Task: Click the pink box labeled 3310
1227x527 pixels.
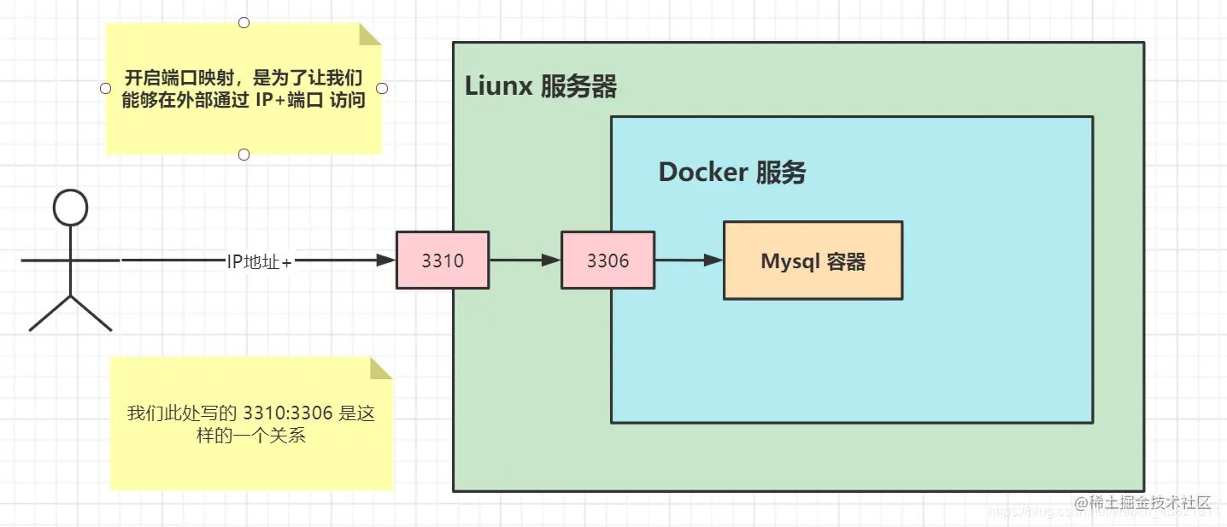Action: click(443, 260)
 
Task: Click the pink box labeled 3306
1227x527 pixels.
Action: click(608, 260)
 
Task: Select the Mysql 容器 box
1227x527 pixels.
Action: click(813, 261)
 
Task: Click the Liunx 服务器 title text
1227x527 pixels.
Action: click(540, 86)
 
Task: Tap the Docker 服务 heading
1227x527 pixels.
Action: click(731, 173)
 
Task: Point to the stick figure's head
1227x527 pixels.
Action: click(71, 208)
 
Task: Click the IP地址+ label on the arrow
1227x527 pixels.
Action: click(259, 261)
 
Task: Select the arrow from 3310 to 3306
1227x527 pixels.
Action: click(524, 260)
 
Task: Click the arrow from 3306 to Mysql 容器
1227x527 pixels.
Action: click(688, 260)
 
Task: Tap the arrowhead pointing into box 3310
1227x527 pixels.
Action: click(386, 260)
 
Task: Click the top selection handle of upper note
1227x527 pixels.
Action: click(244, 21)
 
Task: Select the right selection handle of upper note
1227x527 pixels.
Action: click(382, 88)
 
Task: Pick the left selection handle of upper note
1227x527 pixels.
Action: click(105, 88)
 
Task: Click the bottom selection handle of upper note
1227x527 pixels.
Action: click(244, 155)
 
